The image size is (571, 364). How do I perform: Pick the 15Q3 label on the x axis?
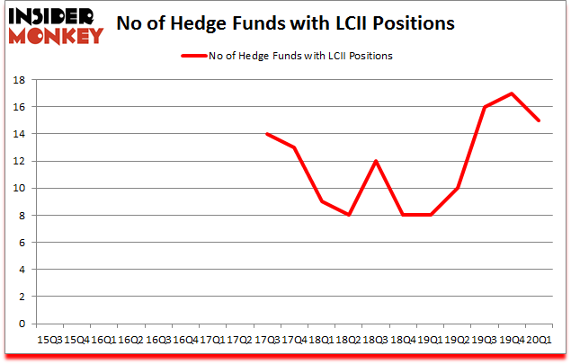tap(49, 339)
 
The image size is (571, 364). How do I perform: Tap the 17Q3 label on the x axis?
tap(267, 339)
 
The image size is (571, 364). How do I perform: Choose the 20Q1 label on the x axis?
tap(539, 339)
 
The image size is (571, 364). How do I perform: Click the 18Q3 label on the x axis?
tap(376, 339)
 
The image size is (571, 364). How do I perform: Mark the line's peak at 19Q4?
tap(512, 93)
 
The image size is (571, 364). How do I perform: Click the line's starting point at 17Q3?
tap(267, 134)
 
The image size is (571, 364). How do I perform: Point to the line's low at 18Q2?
tap(349, 215)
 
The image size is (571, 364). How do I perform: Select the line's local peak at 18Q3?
tap(376, 161)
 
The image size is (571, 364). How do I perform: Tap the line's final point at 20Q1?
tap(539, 120)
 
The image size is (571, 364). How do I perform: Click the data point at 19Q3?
tap(485, 107)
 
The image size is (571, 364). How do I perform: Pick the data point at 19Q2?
tap(458, 188)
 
